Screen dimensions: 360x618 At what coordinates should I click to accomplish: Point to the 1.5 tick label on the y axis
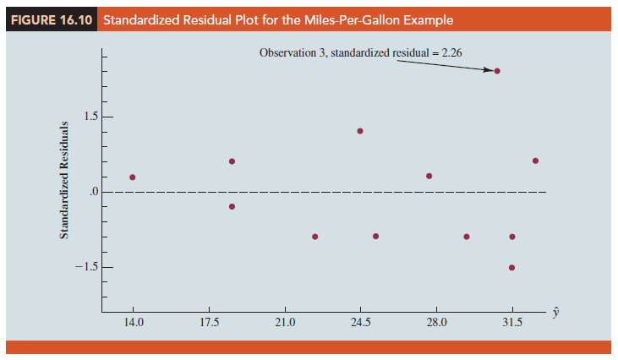tap(93, 116)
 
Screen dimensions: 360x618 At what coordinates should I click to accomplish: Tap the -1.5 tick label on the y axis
tap(89, 267)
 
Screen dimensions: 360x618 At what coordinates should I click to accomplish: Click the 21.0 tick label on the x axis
tap(285, 322)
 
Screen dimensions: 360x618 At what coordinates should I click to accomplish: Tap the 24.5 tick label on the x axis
tap(360, 322)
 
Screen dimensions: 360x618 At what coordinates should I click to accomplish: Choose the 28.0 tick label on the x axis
tap(436, 322)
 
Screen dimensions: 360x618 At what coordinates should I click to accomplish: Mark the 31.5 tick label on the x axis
tap(512, 322)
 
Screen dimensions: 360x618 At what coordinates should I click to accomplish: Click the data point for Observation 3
tap(497, 71)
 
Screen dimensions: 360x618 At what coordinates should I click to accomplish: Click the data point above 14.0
tap(133, 177)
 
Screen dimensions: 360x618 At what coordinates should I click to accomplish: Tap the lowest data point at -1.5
tap(512, 267)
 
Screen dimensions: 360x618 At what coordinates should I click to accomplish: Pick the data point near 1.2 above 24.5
tap(360, 131)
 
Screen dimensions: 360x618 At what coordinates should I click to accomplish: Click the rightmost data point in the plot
tap(535, 161)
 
